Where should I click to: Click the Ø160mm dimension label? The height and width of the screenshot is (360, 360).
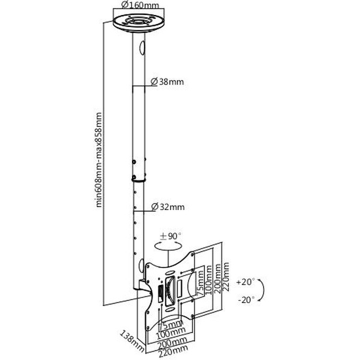(x=140, y=5)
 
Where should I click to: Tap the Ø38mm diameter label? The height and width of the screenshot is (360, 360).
(x=167, y=82)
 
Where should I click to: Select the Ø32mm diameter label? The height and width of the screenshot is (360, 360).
(x=168, y=207)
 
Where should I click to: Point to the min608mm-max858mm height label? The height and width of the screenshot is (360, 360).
(x=99, y=160)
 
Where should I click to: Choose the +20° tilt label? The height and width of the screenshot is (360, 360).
(x=245, y=282)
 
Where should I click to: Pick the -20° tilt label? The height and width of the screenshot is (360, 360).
(x=246, y=299)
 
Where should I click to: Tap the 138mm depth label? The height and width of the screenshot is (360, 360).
(x=133, y=341)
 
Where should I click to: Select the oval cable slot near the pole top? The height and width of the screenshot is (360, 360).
(x=142, y=48)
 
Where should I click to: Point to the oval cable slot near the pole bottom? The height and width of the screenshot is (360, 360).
(x=141, y=266)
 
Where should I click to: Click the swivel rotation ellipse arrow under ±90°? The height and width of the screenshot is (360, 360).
(x=168, y=246)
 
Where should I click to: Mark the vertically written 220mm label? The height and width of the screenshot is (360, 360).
(x=226, y=277)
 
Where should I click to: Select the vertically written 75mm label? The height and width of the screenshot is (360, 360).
(x=200, y=283)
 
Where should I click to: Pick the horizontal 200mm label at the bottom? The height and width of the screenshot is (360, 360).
(x=172, y=343)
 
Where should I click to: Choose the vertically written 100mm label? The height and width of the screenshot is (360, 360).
(x=209, y=280)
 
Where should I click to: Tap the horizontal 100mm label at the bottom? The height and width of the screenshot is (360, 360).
(x=171, y=333)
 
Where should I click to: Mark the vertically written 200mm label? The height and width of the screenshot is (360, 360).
(x=217, y=278)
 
